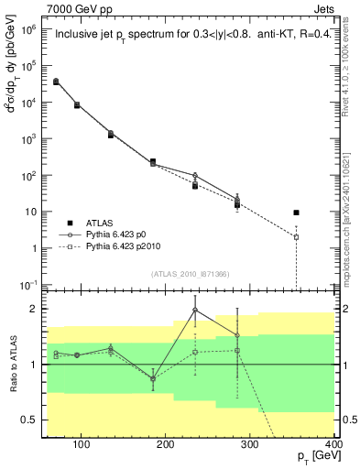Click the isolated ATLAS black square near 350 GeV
pos(296,213)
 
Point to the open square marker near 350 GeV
pos(296,237)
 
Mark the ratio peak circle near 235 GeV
pos(195,311)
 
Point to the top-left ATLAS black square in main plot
pos(57,82)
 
